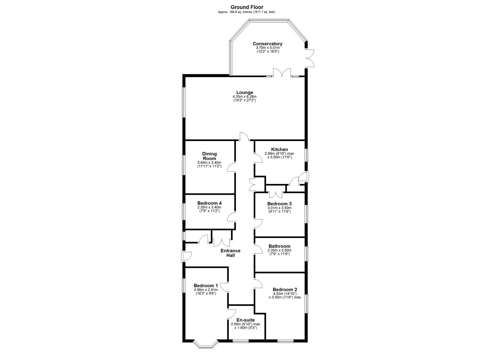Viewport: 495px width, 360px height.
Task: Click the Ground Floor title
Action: tap(247, 7)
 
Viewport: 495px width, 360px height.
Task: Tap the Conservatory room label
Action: tap(267, 44)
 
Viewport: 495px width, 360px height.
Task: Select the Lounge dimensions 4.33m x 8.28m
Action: tap(245, 97)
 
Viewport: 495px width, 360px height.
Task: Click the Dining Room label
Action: tap(209, 156)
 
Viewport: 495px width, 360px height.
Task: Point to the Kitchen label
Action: tap(279, 149)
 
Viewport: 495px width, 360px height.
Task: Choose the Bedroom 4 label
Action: tap(209, 203)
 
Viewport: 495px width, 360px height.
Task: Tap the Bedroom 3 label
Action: tap(279, 204)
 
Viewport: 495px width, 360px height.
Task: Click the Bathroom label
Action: tap(279, 246)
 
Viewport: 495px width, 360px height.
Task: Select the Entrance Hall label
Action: tap(230, 253)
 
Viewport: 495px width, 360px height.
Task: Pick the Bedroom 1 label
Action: tap(206, 286)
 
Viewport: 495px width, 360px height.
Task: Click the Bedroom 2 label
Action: tap(285, 289)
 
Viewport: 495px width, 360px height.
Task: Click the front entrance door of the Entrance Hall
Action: tap(186, 256)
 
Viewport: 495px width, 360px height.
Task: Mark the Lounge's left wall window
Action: tap(183, 102)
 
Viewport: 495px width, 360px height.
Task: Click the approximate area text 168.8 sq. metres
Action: tap(246, 12)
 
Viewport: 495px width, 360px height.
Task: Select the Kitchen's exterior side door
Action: tap(304, 177)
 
